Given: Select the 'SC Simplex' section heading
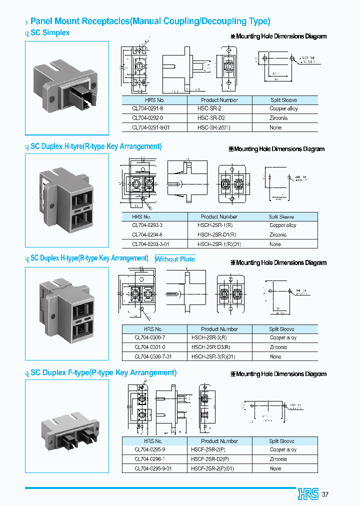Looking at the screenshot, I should [x=50, y=32].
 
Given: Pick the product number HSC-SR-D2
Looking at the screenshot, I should [x=211, y=118].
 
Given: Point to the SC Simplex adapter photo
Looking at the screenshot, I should [x=67, y=88].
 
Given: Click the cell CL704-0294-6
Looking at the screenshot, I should [x=147, y=234].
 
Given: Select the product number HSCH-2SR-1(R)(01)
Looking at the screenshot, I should [x=219, y=244].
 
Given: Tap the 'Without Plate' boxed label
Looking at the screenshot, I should [x=174, y=259].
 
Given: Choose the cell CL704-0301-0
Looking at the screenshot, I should [x=149, y=346].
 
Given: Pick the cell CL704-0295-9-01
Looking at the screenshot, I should [x=152, y=468].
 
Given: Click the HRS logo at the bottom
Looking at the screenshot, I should [x=308, y=494].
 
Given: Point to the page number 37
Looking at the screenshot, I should [x=325, y=494].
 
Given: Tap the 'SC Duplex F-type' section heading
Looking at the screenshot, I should [x=103, y=372].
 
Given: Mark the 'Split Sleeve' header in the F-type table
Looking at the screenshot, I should [x=282, y=441].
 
